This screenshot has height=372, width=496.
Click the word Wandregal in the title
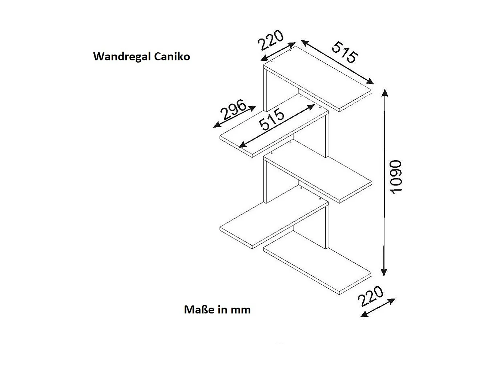[x=122, y=57]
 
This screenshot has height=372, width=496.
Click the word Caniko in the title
[x=172, y=57]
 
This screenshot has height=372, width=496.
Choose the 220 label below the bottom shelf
[x=370, y=296]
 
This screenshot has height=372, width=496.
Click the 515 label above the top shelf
[x=345, y=52]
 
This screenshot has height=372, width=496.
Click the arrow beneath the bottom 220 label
[x=378, y=308]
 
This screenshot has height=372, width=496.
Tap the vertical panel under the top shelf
[x=265, y=91]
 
